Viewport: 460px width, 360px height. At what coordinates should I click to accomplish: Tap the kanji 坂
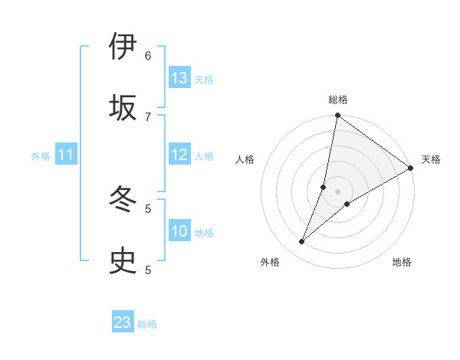(123, 107)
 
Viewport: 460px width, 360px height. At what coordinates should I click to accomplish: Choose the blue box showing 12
(179, 155)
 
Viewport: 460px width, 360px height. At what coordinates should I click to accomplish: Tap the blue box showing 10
(179, 231)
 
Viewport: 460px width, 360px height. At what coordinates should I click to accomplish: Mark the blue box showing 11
(66, 155)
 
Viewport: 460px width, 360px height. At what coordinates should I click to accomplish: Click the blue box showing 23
(123, 322)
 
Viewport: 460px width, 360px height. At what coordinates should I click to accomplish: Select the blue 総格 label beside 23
(147, 324)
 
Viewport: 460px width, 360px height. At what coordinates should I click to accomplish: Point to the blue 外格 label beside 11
(41, 156)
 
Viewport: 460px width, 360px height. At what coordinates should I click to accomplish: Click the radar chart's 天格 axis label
(431, 159)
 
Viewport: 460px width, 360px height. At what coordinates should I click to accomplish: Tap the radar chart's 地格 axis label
(402, 262)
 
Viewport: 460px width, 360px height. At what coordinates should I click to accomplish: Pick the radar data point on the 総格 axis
(337, 116)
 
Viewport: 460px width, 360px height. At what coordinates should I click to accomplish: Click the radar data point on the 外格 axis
(302, 242)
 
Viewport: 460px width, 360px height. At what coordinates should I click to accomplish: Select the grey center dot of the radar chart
(337, 191)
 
